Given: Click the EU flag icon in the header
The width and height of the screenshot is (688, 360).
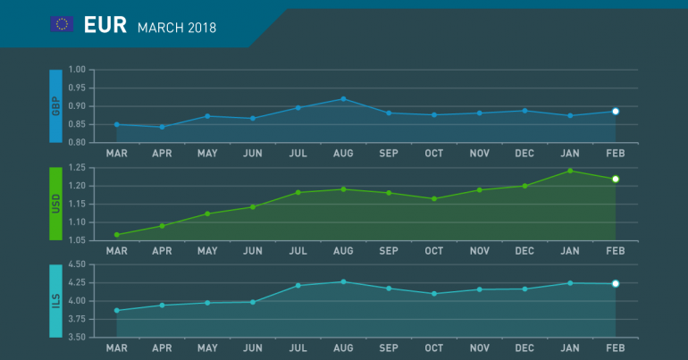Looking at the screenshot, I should tap(62, 24).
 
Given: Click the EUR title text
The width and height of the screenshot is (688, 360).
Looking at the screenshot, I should tap(104, 25).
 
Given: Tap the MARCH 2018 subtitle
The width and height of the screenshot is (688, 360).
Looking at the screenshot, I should tap(177, 28).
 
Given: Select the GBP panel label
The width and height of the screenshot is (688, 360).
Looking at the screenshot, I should tap(56, 105).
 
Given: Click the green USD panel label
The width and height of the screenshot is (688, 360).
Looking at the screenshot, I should tap(56, 203).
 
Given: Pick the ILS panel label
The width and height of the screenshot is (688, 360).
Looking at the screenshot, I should tap(56, 300).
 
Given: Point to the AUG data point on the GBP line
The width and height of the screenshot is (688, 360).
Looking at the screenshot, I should tap(344, 99).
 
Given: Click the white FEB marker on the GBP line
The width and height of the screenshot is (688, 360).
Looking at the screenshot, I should tap(616, 112).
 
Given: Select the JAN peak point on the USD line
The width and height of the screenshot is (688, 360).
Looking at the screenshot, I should tap(570, 171).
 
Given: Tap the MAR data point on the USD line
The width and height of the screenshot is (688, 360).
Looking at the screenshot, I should tap(117, 235).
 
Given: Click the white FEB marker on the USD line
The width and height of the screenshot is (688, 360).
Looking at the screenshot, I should tap(616, 179).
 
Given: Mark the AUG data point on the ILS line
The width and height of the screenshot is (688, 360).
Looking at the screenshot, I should tap(344, 281).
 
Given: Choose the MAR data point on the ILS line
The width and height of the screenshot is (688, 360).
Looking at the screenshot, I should tap(117, 311).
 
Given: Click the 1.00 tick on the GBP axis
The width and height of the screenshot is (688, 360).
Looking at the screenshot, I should tap(75, 70).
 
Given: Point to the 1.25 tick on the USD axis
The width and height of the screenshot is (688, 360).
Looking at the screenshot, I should tap(75, 168).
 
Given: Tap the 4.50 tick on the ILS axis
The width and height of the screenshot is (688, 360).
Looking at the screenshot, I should tap(75, 265).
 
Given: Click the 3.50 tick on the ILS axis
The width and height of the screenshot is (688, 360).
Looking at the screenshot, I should tap(75, 338).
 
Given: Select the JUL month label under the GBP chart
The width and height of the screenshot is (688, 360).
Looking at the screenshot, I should tap(298, 153).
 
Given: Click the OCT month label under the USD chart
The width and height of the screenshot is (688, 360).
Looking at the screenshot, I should tap(434, 250).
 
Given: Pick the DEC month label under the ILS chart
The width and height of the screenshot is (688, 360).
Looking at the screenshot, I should tap(525, 347).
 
